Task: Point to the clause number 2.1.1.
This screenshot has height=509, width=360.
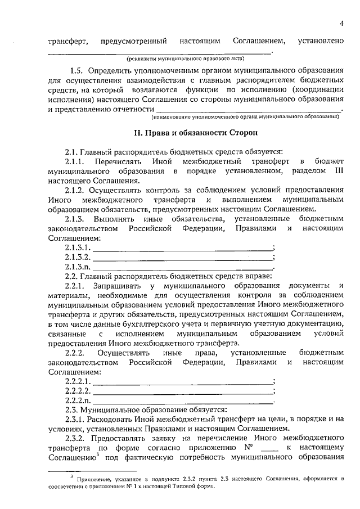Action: tap(76, 162)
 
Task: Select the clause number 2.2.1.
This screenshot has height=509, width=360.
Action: tap(76, 286)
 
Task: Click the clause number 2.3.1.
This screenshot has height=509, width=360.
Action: tap(76, 420)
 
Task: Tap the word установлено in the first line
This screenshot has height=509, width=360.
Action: tap(322, 41)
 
